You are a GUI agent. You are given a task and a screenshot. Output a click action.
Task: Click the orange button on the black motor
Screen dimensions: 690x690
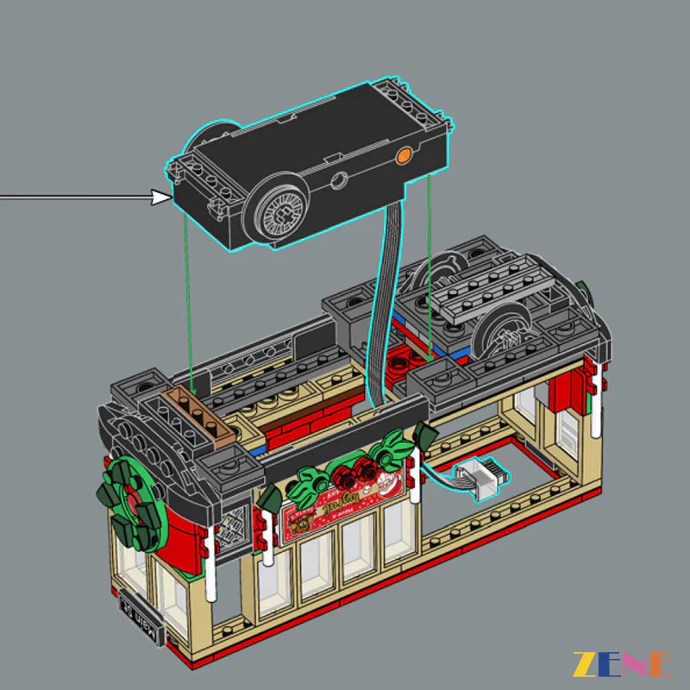pyautogui.click(x=404, y=155)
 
